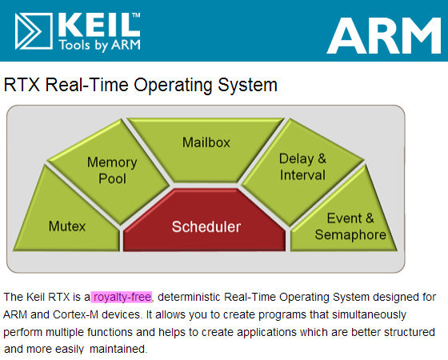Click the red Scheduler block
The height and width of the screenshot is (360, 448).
coord(206,226)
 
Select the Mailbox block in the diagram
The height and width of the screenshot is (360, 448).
coord(206,144)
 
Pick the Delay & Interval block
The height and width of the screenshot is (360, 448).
coord(302,166)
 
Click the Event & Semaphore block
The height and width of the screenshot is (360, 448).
coord(350,226)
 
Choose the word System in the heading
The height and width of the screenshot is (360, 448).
coord(251,84)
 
